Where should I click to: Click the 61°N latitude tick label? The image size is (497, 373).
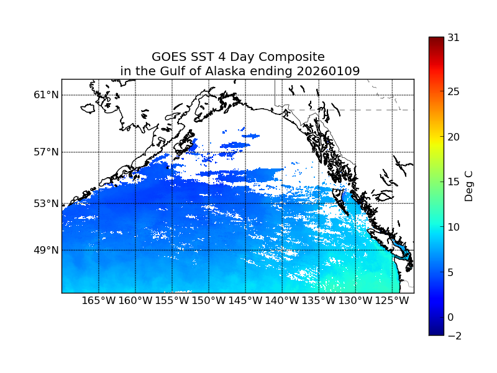click(x=46, y=95)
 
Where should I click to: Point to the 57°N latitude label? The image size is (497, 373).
click(x=46, y=152)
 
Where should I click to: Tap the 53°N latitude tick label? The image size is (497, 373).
click(x=46, y=203)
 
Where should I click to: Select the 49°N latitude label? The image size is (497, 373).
click(x=46, y=250)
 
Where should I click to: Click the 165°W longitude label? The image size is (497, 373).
click(x=99, y=301)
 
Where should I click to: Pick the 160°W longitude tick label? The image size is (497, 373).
click(x=135, y=301)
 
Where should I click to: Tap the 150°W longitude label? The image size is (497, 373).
click(x=209, y=301)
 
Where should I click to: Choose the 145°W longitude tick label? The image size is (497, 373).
click(x=245, y=301)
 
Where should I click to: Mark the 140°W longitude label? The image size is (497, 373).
click(x=282, y=301)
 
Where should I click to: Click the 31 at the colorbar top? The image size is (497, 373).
click(x=454, y=38)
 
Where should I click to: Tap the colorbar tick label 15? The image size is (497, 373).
click(x=454, y=182)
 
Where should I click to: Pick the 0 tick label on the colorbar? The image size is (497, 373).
click(x=451, y=317)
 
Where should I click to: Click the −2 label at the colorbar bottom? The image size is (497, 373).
click(x=454, y=336)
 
